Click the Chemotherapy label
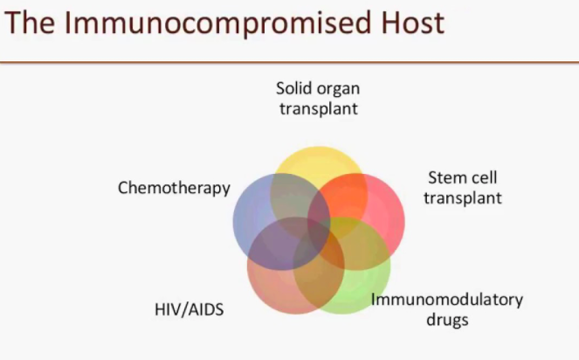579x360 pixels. pos(174,188)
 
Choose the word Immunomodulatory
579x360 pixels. pos(447,300)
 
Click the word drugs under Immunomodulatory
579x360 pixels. pos(447,319)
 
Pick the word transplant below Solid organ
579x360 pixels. pos(317,108)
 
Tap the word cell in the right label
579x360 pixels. pos(484,177)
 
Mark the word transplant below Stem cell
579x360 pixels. pos(463,197)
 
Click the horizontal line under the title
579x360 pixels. pos(289,62)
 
